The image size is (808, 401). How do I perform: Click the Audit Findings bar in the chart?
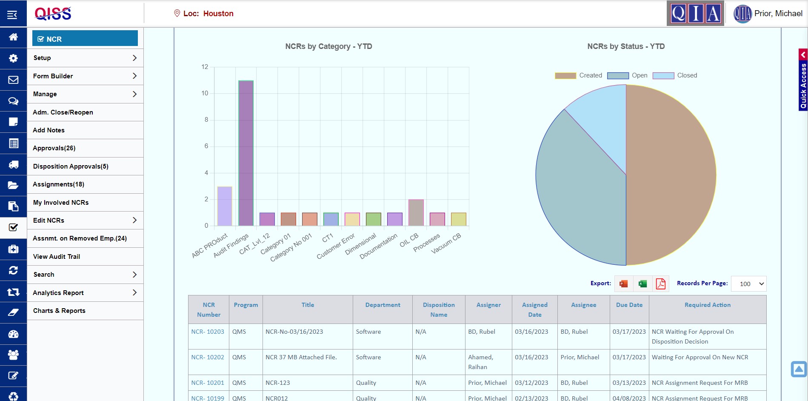point(246,153)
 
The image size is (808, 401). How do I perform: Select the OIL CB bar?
point(416,212)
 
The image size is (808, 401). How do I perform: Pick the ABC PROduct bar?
point(225,206)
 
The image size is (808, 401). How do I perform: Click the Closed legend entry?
point(675,75)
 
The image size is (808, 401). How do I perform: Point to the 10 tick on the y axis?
point(205,93)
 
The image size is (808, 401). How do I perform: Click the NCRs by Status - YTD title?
point(625,46)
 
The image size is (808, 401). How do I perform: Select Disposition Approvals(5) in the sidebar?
point(71,166)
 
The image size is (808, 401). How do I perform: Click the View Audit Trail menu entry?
point(57,257)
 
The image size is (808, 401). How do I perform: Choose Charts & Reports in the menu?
point(59,311)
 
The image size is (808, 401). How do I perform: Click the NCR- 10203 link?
point(208,332)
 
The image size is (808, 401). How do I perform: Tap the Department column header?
point(383,305)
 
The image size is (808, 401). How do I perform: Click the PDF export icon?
point(660,284)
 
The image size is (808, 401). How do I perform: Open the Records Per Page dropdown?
point(748,284)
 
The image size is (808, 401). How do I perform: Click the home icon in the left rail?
point(13,37)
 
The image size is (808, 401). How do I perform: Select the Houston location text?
point(218,14)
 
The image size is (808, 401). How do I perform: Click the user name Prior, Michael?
point(778,14)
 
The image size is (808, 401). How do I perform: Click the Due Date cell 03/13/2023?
point(629,383)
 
